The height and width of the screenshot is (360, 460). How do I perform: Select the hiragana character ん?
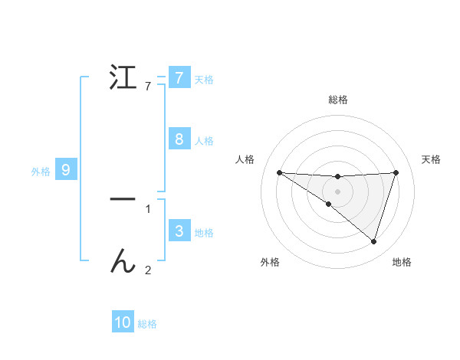(123, 261)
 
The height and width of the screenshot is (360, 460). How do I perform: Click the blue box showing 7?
(179, 77)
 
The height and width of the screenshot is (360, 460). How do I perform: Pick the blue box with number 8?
(179, 139)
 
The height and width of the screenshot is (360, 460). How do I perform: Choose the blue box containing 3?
(179, 231)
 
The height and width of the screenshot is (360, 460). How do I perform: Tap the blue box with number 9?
(66, 169)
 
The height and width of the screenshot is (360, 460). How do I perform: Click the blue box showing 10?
(123, 322)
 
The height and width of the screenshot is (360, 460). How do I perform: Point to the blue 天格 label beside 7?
(204, 79)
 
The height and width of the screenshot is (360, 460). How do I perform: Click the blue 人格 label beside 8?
(204, 141)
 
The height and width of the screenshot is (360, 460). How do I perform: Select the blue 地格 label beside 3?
(204, 233)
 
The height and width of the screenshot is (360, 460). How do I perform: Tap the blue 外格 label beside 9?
(41, 172)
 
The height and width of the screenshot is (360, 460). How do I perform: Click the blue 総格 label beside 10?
(147, 325)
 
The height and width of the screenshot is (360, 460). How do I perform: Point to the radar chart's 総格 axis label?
(337, 100)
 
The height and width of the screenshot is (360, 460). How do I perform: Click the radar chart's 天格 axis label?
(431, 159)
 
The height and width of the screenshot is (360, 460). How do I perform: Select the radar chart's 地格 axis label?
(402, 262)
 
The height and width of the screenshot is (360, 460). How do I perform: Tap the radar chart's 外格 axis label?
(270, 262)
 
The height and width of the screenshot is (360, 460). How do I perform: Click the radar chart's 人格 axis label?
(245, 159)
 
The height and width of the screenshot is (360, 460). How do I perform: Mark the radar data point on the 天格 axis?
(396, 172)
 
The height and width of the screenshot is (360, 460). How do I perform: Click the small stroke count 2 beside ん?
(148, 270)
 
